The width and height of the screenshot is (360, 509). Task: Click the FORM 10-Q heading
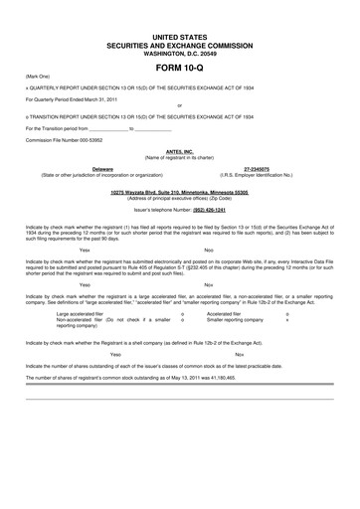click(180, 67)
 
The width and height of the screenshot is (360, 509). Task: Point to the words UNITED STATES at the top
click(180, 36)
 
